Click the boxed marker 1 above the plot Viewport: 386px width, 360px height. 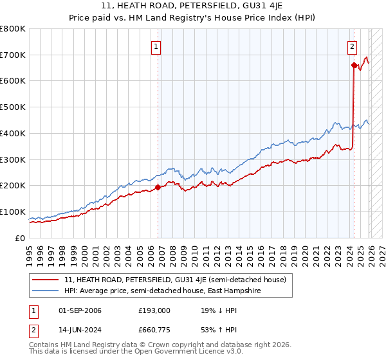tap(156, 46)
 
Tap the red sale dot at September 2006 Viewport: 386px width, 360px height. tap(158, 188)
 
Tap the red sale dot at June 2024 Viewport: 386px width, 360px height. tap(354, 65)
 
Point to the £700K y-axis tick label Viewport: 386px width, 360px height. tap(13, 55)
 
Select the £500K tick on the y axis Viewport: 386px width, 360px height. tap(13, 107)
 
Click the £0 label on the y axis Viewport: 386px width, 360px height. tap(21, 238)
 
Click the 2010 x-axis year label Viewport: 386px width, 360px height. tap(194, 251)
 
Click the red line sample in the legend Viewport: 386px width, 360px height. tap(46, 280)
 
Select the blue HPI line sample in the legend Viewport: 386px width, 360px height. tap(46, 291)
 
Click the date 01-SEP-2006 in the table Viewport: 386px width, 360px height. tap(79, 310)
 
